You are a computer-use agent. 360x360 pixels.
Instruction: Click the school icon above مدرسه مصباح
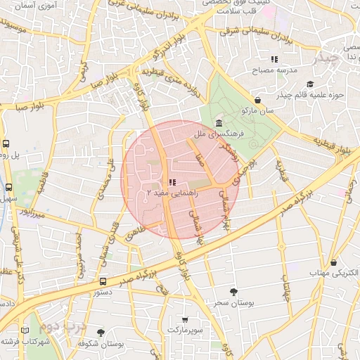click(x=274, y=59)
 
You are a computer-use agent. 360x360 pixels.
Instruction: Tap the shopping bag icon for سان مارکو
click(x=259, y=100)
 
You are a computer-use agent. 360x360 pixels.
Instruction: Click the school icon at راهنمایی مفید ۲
click(x=172, y=182)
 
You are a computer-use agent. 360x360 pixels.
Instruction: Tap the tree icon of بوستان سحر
click(x=233, y=290)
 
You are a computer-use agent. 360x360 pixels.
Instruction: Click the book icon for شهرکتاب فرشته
click(x=25, y=330)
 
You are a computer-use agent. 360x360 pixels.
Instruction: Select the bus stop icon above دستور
click(x=103, y=281)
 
